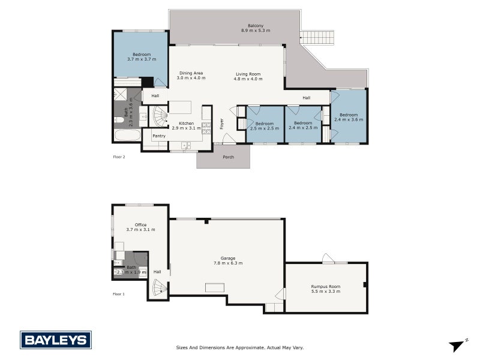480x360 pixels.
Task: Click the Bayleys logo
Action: [56, 340]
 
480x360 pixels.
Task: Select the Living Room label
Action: [248, 73]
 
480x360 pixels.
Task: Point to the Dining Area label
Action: [191, 73]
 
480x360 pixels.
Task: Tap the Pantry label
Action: [159, 136]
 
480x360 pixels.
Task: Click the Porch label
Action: [228, 158]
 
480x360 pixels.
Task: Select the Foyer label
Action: [221, 124]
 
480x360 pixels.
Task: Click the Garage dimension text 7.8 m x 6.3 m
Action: [227, 263]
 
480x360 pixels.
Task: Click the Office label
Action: [140, 225]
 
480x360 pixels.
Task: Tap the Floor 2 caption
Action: [119, 157]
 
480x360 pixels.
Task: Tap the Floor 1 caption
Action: [119, 294]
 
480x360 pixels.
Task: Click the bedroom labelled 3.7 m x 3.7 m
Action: [141, 57]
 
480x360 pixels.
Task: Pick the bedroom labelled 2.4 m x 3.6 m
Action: [349, 117]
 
